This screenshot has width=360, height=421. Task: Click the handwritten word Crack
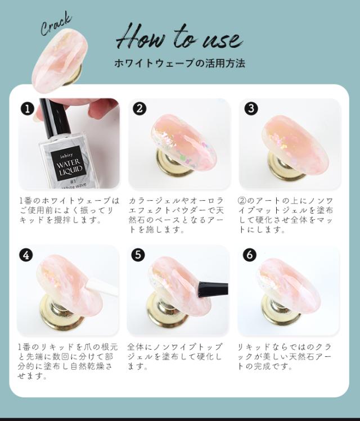[56, 25]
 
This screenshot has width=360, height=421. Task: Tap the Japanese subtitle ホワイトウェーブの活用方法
[179, 64]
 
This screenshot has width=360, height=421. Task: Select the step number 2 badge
[139, 108]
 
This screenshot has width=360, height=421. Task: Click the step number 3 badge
[251, 108]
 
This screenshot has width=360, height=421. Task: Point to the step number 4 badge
[26, 255]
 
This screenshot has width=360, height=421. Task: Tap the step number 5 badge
[138, 255]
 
